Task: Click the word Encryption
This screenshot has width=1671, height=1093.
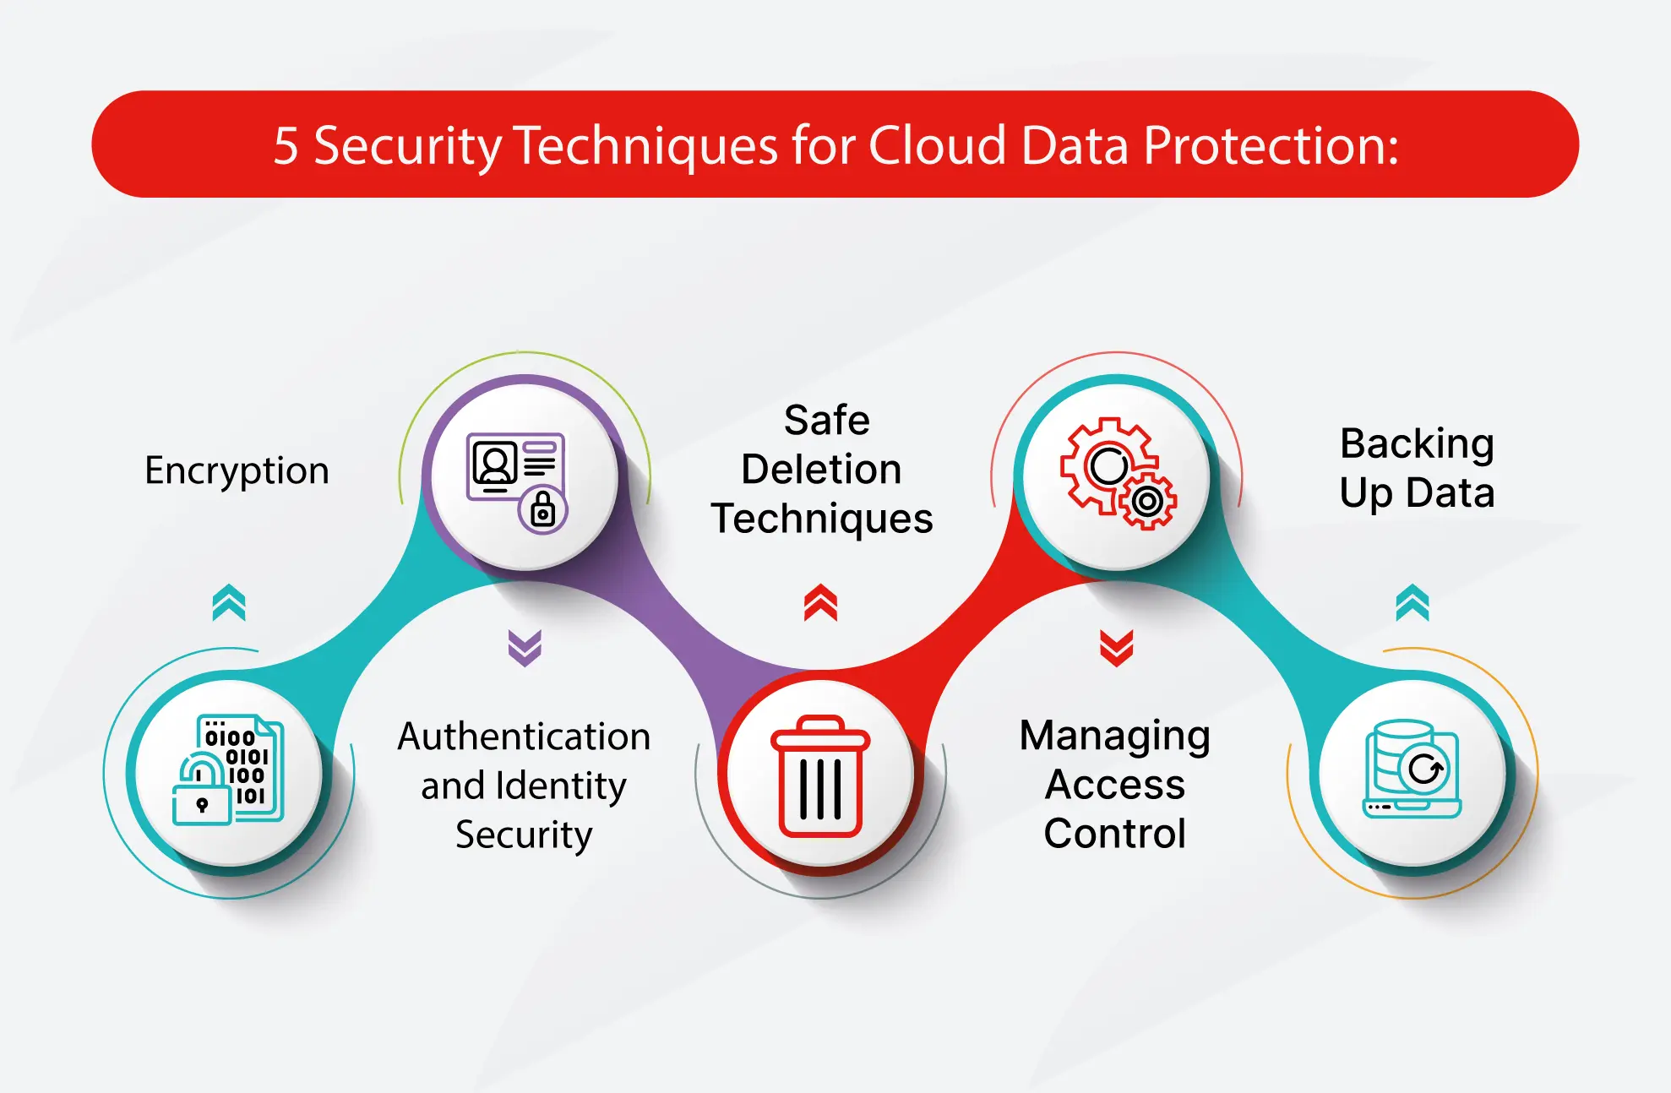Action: click(237, 470)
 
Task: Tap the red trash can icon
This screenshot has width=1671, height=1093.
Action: click(820, 775)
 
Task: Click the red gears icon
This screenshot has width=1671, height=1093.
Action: click(1118, 473)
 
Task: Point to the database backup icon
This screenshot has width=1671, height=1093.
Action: click(1412, 769)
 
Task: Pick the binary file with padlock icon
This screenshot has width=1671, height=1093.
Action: click(229, 770)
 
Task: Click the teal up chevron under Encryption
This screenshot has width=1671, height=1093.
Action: click(229, 602)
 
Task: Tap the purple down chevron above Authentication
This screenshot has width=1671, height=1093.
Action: click(525, 648)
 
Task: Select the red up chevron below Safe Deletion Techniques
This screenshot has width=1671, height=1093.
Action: click(820, 602)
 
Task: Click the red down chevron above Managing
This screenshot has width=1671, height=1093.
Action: click(1116, 648)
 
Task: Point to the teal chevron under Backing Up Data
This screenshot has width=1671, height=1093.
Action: click(1412, 602)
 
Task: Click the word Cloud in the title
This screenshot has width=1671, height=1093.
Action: click(937, 145)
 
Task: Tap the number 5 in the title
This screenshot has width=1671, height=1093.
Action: click(286, 146)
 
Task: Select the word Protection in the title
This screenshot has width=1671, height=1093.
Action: click(1270, 145)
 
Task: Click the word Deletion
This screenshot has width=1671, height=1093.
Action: click(821, 470)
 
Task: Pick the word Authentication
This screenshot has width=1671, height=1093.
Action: click(524, 737)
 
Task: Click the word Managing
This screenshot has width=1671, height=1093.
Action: click(1114, 737)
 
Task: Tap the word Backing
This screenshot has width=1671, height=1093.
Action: click(1417, 444)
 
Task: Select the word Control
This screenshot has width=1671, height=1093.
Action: click(1114, 834)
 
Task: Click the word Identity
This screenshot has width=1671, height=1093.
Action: click(561, 786)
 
